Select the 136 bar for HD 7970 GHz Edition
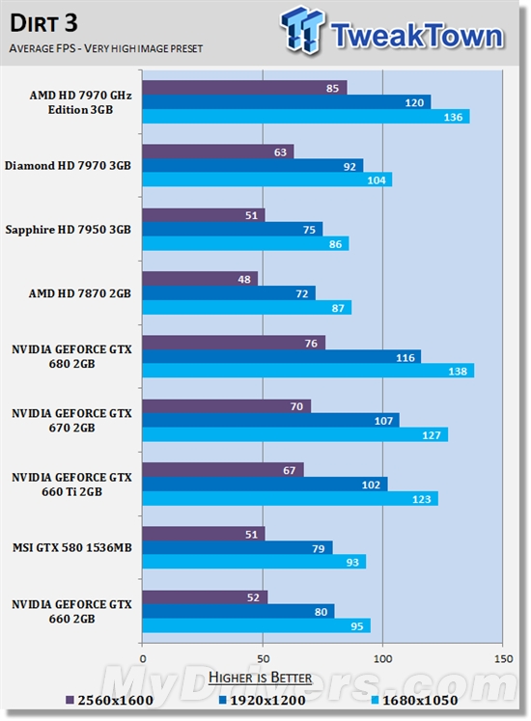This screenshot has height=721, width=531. click(x=305, y=117)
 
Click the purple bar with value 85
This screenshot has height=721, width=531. click(x=243, y=88)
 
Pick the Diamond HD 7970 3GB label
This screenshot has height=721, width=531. click(x=68, y=165)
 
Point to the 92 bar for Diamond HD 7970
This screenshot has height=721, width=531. click(x=252, y=165)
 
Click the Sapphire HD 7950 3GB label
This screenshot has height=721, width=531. click(x=68, y=229)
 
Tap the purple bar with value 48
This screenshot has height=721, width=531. click(x=199, y=278)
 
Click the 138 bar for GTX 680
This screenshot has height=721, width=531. click(x=307, y=371)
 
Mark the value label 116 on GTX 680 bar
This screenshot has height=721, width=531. click(x=404, y=357)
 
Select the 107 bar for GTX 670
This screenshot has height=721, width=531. click(x=270, y=420)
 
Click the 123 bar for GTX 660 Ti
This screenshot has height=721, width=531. click(x=290, y=498)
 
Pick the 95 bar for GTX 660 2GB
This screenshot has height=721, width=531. click(x=256, y=625)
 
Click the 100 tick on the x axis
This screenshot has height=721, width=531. click(x=382, y=661)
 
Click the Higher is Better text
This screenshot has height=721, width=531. click(x=260, y=677)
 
